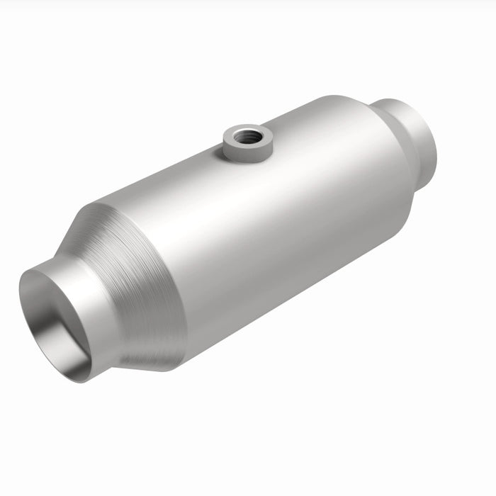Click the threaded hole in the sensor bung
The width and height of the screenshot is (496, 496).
tap(249, 135)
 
